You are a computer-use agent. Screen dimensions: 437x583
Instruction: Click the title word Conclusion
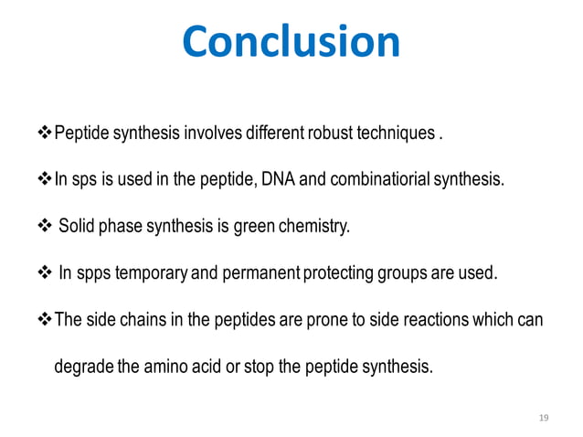pyautogui.click(x=291, y=42)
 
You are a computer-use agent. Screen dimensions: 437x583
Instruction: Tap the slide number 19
pyautogui.click(x=545, y=418)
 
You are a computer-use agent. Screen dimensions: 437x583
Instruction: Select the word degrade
pyautogui.click(x=83, y=367)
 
